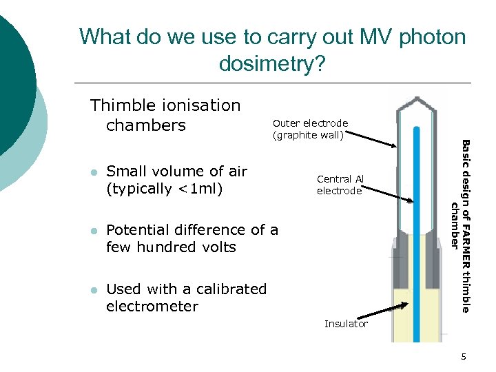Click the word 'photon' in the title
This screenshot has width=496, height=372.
429,37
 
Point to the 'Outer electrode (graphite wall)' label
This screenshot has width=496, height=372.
311,129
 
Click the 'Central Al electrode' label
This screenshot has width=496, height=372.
340,185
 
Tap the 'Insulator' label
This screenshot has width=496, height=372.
346,324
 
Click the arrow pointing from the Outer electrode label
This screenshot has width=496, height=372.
373,141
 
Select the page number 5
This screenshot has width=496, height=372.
464,356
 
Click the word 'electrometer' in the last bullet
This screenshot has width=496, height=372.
152,307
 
